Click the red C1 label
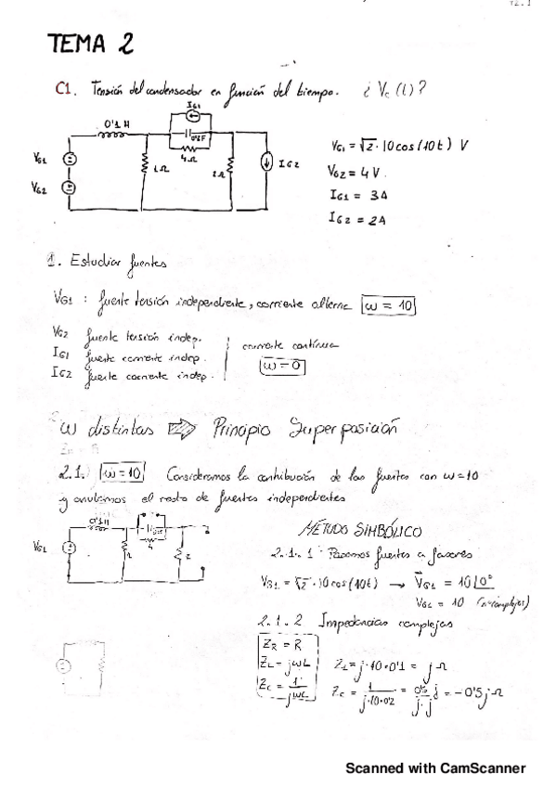pyautogui.click(x=64, y=89)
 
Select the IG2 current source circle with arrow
pyautogui.click(x=267, y=164)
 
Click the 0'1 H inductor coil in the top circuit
pyautogui.click(x=112, y=132)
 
